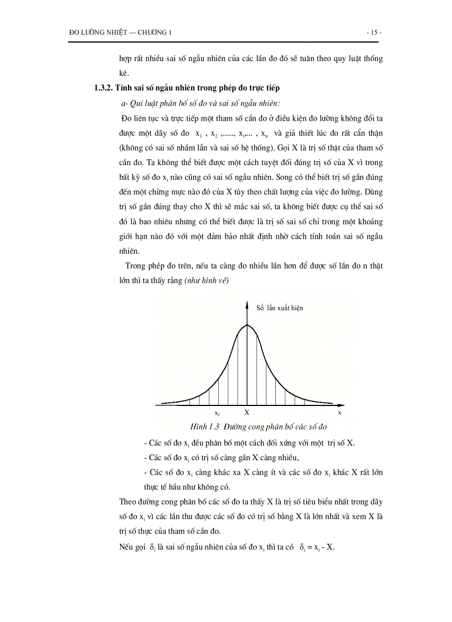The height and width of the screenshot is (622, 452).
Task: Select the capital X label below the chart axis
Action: (246, 413)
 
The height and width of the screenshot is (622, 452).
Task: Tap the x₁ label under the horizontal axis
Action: (217, 413)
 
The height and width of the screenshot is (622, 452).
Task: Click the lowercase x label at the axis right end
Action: (340, 413)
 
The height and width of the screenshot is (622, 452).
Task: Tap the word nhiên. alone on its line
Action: (130, 250)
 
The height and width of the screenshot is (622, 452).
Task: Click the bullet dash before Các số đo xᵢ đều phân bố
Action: (144, 443)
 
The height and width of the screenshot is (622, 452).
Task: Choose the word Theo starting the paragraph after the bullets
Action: (128, 502)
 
